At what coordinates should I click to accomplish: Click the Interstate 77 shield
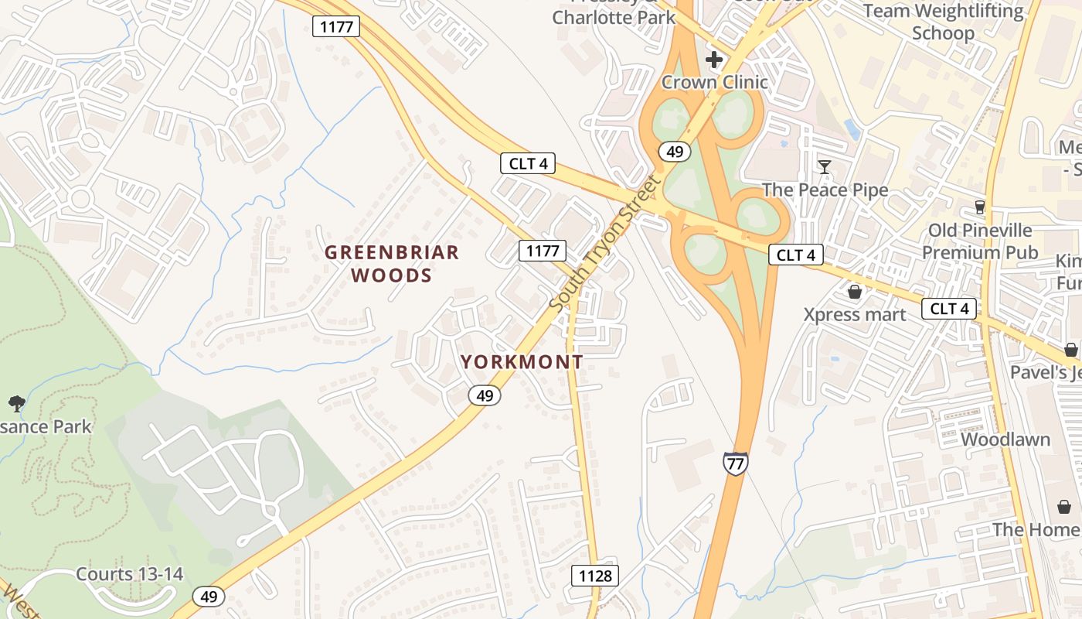(x=735, y=462)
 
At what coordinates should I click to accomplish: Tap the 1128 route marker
(x=594, y=576)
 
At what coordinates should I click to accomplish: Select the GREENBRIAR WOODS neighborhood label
(x=392, y=264)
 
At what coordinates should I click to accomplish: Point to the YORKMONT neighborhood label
(x=522, y=362)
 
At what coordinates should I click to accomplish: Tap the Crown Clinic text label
(x=715, y=82)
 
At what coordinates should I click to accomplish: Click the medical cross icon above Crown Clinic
(x=714, y=60)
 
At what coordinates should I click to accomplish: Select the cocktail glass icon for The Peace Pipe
(x=825, y=167)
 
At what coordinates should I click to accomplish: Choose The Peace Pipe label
(x=825, y=190)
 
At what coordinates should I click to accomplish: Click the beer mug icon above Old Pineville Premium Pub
(x=980, y=207)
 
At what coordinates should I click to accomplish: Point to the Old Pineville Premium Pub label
(x=980, y=241)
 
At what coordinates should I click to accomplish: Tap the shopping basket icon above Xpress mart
(x=855, y=292)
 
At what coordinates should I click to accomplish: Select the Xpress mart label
(x=855, y=315)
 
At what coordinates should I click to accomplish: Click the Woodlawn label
(x=1005, y=439)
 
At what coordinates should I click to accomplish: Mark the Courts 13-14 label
(x=130, y=574)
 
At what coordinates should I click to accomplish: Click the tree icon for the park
(x=16, y=403)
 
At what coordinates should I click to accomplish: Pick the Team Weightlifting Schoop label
(x=943, y=22)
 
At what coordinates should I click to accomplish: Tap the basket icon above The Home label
(x=1064, y=507)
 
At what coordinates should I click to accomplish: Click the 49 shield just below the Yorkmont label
(x=485, y=395)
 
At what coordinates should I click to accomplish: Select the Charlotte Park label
(x=614, y=17)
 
